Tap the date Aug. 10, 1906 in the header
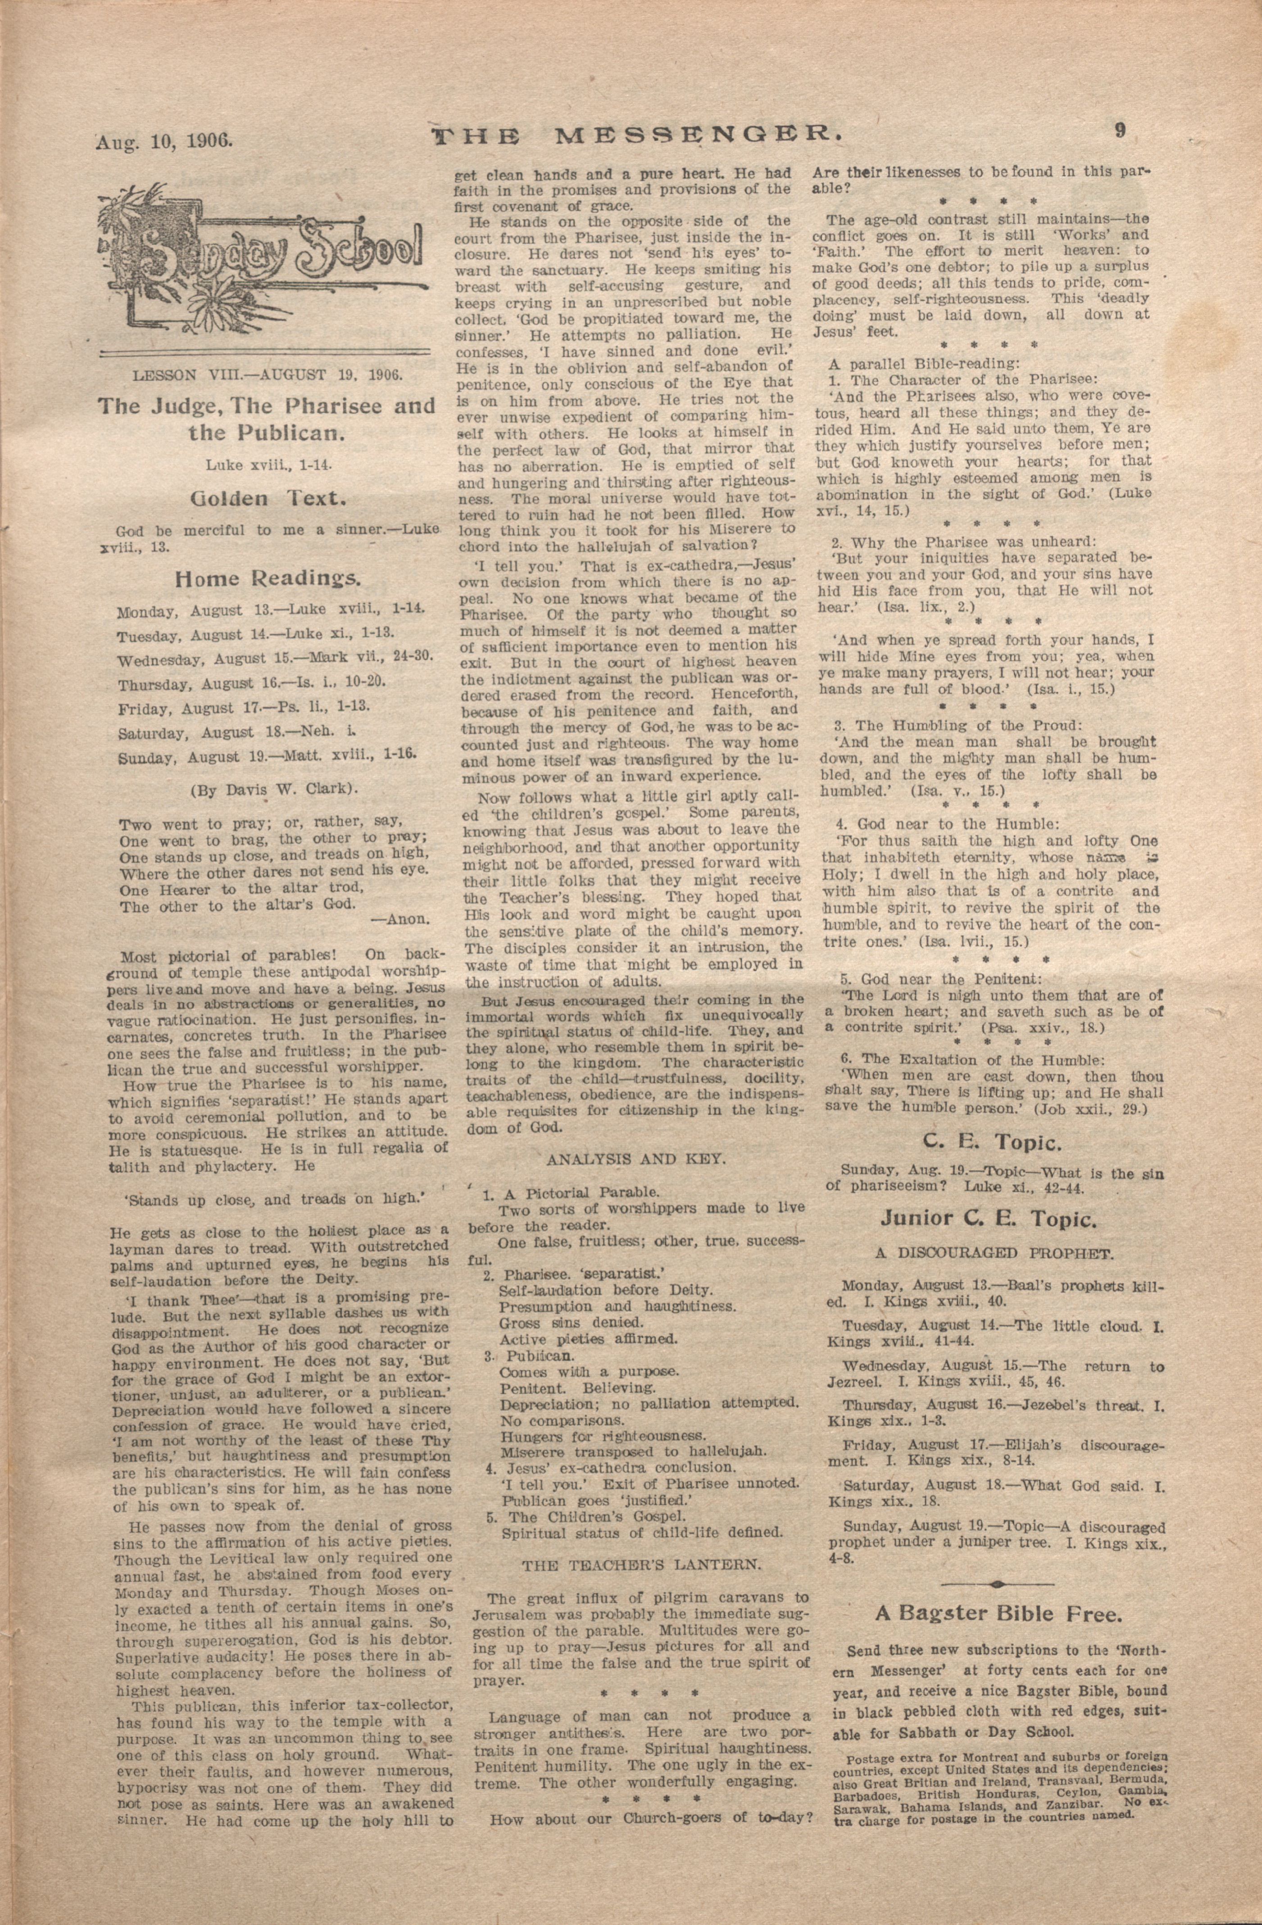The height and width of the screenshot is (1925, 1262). [x=164, y=141]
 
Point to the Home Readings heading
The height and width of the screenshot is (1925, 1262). [x=268, y=578]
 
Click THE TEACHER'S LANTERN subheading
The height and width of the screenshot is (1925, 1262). [x=641, y=1564]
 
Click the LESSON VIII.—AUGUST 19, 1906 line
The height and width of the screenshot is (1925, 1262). [x=268, y=375]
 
